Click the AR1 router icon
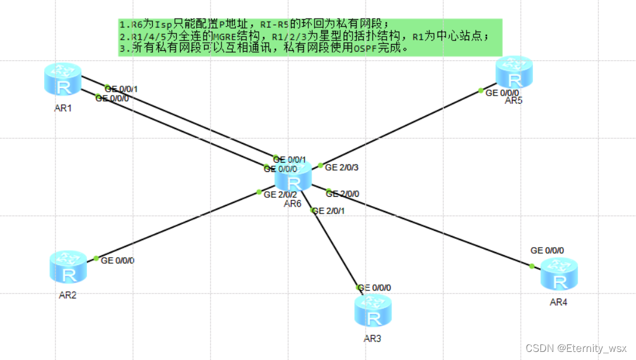(63, 79)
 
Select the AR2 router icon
(68, 267)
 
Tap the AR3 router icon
(374, 312)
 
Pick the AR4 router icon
(559, 275)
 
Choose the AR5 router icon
(514, 73)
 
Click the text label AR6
(293, 204)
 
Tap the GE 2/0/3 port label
(343, 167)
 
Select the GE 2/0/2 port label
(280, 194)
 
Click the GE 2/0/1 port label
(329, 211)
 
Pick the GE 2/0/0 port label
(343, 194)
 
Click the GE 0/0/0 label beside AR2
(117, 261)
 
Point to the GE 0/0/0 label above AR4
(547, 250)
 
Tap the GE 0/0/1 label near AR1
(122, 89)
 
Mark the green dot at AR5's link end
(481, 90)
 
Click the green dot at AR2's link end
(96, 258)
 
